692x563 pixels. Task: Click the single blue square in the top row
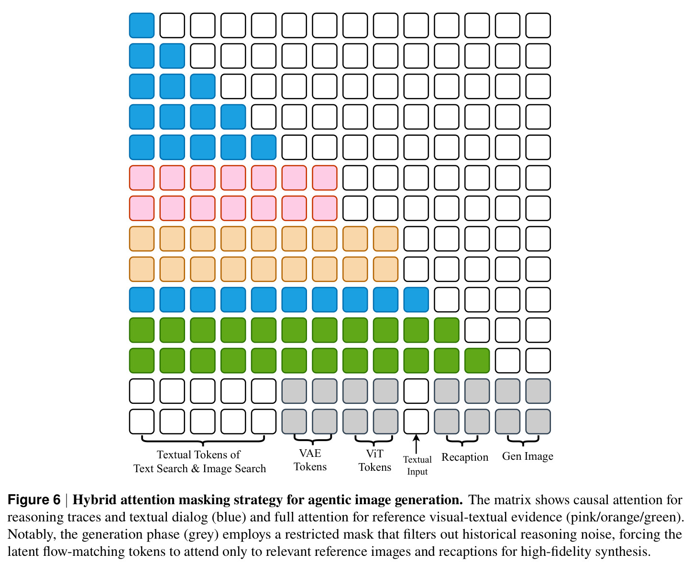142,25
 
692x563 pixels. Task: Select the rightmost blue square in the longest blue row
416,300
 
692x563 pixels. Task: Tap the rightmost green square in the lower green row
477,361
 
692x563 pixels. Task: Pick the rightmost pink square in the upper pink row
325,178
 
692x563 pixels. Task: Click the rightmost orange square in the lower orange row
385,269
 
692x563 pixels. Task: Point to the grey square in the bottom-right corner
538,422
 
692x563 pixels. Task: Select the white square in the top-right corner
538,25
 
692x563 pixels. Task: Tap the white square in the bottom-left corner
142,422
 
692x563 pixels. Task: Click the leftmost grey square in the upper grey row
294,391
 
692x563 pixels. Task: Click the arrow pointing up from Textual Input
416,444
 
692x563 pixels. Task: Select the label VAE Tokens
310,460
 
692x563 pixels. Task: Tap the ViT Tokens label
375,460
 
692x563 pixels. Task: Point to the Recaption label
465,457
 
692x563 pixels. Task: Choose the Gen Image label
527,456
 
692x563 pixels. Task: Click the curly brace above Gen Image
523,442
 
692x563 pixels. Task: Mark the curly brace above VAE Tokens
313,441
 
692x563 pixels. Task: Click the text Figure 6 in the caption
34,500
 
